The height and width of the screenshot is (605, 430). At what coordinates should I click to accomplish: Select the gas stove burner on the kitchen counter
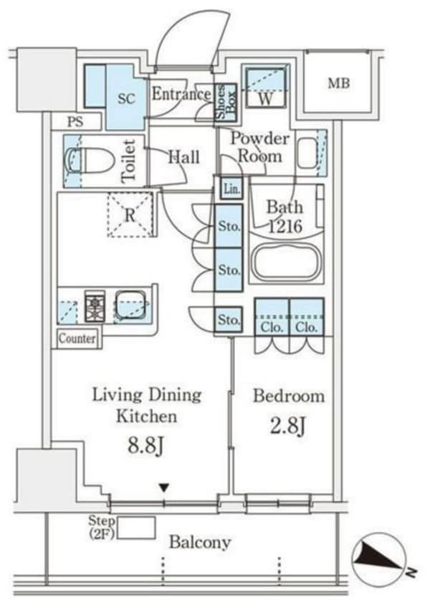[95, 306]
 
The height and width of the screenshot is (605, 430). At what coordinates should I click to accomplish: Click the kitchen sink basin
[131, 305]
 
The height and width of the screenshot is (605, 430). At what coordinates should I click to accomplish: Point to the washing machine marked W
[266, 87]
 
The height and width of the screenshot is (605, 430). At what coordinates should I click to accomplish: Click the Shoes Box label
[225, 102]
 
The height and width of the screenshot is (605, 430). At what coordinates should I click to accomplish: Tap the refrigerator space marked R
[130, 214]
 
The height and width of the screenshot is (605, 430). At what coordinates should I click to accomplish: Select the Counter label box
[77, 338]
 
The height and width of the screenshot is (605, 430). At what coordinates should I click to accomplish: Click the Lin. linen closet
[231, 189]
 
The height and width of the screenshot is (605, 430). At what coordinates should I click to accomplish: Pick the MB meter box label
[338, 83]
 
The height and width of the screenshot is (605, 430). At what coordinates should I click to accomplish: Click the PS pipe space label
[75, 122]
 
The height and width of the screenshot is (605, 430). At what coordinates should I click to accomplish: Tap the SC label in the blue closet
[127, 99]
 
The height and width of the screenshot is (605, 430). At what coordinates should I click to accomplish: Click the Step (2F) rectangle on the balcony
[136, 528]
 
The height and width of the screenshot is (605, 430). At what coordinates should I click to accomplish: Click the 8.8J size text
[146, 446]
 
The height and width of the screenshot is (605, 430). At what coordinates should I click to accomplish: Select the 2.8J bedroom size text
[288, 427]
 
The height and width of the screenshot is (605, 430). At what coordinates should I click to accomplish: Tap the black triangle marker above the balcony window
[165, 488]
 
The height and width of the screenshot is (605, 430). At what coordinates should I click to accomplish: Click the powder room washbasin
[307, 153]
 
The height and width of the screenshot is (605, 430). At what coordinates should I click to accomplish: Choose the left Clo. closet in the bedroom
[272, 316]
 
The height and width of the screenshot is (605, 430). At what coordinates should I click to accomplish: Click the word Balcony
[200, 543]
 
